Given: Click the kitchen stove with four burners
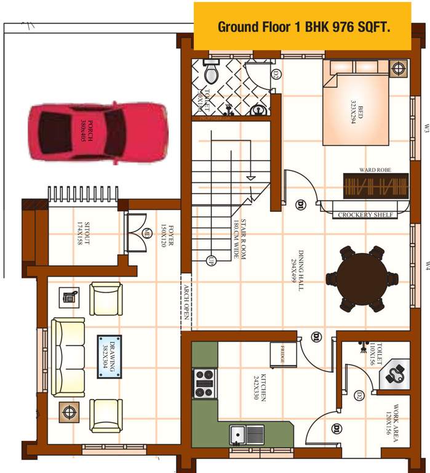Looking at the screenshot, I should coord(204,383).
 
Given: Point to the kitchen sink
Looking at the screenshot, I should coord(247,435).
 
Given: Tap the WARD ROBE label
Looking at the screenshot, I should coord(375,169).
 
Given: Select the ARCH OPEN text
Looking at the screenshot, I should coord(186,302).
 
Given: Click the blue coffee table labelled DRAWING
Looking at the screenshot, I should coord(109,357).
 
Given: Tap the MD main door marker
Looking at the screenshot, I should coord(147,233).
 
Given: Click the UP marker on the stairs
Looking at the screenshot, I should coord(210,259).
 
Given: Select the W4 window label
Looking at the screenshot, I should coord(426,265).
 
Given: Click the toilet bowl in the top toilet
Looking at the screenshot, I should coord(210,72).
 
